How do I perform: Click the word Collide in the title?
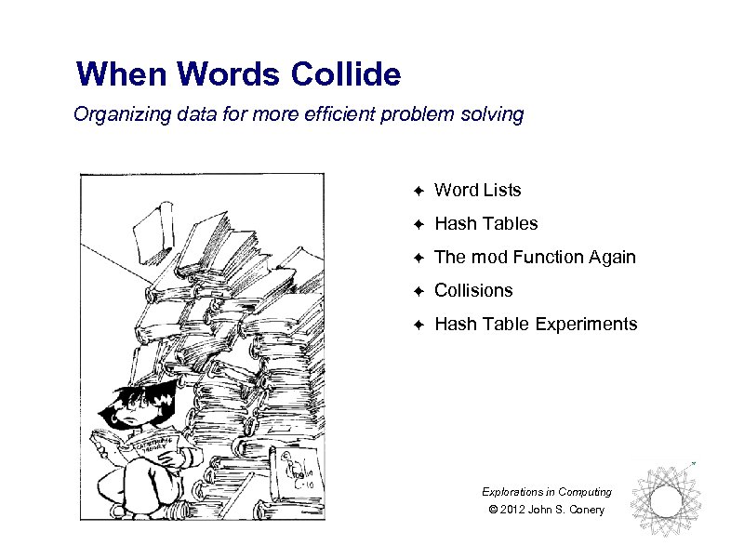[345, 73]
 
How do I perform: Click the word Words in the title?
[228, 73]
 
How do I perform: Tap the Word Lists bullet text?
[478, 191]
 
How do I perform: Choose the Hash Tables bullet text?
[485, 224]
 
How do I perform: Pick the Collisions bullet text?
[473, 291]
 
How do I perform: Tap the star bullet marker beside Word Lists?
[418, 192]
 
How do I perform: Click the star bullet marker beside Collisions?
[418, 292]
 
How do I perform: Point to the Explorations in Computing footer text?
[547, 492]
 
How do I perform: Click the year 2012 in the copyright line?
[512, 510]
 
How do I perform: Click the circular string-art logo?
[664, 503]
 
